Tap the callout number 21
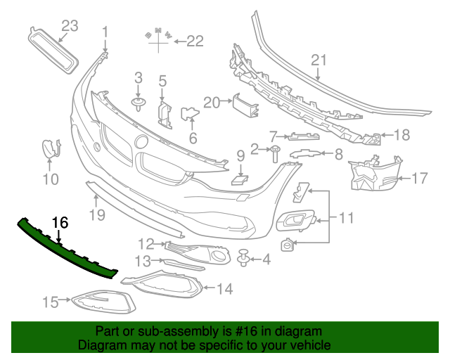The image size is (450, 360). (319, 60)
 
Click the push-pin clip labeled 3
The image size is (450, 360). (139, 104)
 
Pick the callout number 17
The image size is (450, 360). (419, 179)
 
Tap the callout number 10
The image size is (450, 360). (49, 179)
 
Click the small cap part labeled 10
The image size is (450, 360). (50, 150)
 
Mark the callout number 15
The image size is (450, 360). (50, 302)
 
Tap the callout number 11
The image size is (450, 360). (346, 219)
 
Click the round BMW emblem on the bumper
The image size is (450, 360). (141, 141)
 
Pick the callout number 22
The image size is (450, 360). (194, 41)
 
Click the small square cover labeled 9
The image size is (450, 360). (239, 180)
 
